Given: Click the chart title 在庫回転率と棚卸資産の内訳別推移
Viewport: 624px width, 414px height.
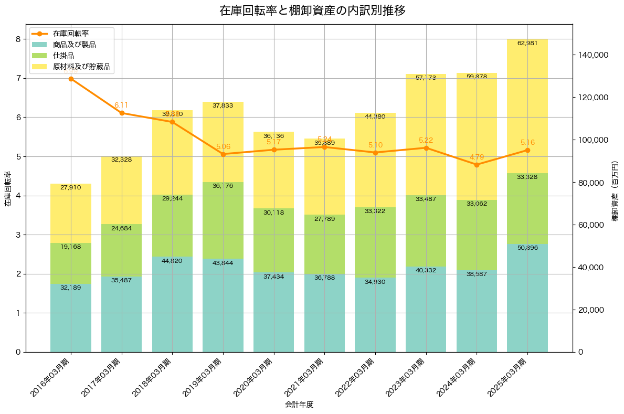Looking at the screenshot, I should click(x=312, y=10).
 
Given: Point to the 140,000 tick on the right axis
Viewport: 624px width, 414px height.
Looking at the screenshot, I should click(x=593, y=55).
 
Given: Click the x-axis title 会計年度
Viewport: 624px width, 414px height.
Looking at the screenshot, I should click(x=299, y=405).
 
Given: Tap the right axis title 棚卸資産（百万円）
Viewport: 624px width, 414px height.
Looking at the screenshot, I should click(x=615, y=189).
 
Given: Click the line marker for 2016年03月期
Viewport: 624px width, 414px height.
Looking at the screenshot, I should click(x=71, y=79).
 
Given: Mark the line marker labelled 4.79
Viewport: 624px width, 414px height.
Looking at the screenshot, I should click(x=477, y=165).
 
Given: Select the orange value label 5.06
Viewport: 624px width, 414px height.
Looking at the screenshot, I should click(x=223, y=147).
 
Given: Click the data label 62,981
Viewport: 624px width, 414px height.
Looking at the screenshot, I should click(x=527, y=43).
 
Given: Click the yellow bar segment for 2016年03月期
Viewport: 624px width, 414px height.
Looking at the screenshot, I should click(x=71, y=213).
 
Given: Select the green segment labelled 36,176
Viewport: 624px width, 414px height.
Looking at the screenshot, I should click(x=223, y=220).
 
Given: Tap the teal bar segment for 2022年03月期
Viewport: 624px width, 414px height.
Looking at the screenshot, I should click(x=375, y=315).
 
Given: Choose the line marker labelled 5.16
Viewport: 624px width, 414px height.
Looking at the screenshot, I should click(x=527, y=150).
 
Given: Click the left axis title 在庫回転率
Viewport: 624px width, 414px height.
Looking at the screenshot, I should click(x=7, y=189).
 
